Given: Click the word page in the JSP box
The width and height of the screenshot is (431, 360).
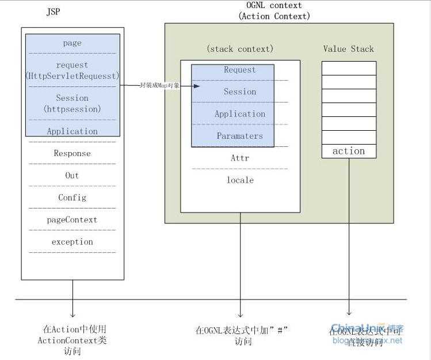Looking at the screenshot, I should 73,43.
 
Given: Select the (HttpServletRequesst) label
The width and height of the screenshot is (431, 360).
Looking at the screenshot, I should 73,75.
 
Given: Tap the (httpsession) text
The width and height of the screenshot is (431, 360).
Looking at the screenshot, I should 73,108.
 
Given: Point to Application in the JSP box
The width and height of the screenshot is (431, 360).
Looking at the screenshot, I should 73,131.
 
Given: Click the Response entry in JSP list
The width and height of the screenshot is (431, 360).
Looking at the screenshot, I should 73,153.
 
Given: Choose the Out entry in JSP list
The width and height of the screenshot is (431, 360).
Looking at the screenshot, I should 73,175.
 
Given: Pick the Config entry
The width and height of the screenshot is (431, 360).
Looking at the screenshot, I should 73,198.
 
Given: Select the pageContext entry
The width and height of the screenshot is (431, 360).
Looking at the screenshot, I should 73,219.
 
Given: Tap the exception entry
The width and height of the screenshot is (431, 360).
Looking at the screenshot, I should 73,242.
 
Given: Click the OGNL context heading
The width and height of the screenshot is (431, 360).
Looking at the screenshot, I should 274,6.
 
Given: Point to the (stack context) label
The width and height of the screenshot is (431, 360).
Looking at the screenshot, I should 240,48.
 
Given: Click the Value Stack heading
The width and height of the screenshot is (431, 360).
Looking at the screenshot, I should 348,49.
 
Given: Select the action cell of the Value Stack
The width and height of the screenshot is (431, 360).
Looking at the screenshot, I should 349,151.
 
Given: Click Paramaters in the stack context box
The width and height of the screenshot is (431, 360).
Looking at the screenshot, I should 240,136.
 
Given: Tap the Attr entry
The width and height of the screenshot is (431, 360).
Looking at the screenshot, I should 240,158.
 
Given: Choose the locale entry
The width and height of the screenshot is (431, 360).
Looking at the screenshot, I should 240,180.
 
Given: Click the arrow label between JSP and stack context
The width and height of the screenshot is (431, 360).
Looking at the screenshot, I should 160,85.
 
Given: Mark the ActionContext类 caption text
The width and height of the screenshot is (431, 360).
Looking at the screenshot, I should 72,340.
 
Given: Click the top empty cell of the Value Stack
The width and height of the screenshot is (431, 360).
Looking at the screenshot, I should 349,68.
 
